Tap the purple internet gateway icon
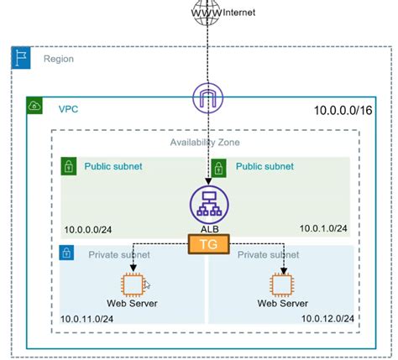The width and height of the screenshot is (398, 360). pyautogui.click(x=206, y=100)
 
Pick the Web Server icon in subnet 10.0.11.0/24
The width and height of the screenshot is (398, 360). pyautogui.click(x=132, y=284)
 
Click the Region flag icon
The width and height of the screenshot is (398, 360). pyautogui.click(x=20, y=59)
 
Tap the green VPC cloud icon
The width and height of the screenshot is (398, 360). pyautogui.click(x=35, y=107)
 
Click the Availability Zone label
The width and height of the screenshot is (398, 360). pyautogui.click(x=206, y=143)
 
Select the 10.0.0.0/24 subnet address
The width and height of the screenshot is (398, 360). pyautogui.click(x=90, y=228)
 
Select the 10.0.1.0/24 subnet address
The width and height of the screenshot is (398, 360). pyautogui.click(x=322, y=228)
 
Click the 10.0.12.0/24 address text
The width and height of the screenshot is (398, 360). pyautogui.click(x=322, y=317)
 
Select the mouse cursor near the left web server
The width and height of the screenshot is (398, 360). pyautogui.click(x=146, y=285)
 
